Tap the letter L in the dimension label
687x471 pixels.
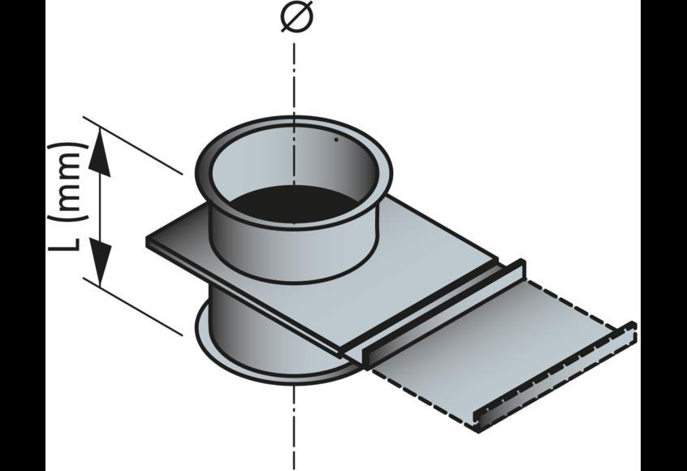coord(67,244)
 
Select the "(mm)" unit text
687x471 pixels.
coord(67,181)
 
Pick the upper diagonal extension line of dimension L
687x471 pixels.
coord(134,146)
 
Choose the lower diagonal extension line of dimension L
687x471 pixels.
coord(134,305)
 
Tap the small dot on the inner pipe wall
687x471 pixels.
coord(336,139)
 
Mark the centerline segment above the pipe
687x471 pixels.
coord(294,73)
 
